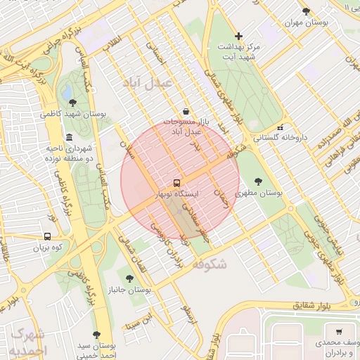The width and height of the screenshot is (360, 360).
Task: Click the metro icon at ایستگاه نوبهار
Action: pyautogui.click(x=176, y=181)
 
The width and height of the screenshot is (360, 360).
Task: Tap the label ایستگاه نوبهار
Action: pyautogui.click(x=176, y=192)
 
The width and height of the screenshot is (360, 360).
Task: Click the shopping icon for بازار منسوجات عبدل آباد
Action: pyautogui.click(x=185, y=111)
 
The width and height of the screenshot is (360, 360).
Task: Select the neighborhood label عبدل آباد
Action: pyautogui.click(x=148, y=83)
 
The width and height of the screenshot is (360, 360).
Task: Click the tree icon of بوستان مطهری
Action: pyautogui.click(x=258, y=181)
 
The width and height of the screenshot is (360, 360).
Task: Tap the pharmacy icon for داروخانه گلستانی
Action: pyautogui.click(x=281, y=128)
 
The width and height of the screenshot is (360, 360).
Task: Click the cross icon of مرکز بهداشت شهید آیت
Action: pyautogui.click(x=238, y=36)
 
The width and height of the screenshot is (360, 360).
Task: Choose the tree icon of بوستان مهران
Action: pyautogui.click(x=305, y=11)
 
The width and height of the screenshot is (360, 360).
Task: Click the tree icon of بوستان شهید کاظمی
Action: pyautogui.click(x=72, y=103)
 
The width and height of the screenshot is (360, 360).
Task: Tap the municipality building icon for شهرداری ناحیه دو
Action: pyautogui.click(x=68, y=138)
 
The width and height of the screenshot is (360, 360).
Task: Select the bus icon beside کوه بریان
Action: pyautogui.click(x=47, y=237)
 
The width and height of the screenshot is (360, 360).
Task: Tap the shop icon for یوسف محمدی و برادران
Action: pyautogui.click(x=339, y=331)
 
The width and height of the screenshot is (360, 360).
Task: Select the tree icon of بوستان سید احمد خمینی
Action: pyautogui.click(x=96, y=335)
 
